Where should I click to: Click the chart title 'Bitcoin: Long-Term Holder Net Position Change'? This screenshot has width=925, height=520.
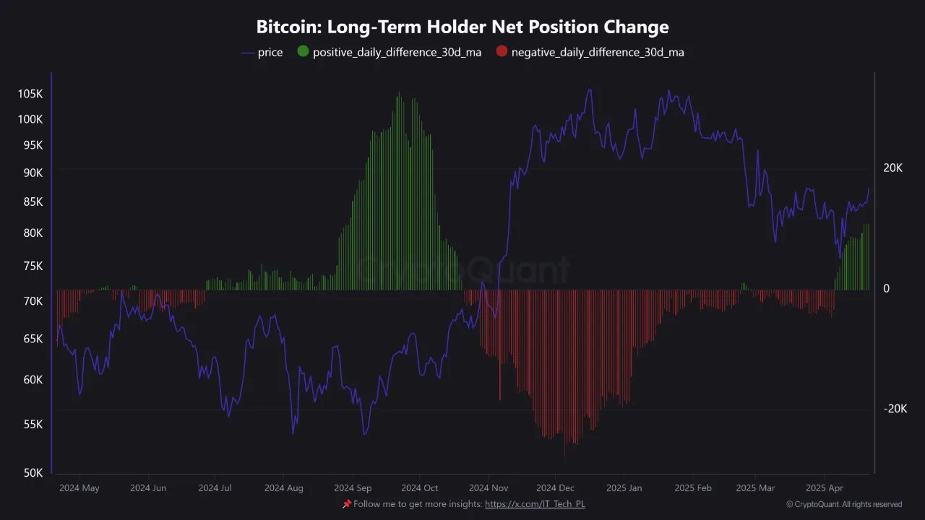[462, 27]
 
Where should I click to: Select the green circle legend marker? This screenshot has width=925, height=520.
[303, 52]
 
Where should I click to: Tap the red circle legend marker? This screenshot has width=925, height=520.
[502, 52]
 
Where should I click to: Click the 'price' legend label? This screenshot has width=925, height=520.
[270, 52]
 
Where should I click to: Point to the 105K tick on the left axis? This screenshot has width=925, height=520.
[30, 94]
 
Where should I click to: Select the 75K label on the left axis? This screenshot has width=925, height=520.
[33, 266]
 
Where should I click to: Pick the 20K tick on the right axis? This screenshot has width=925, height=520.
[893, 168]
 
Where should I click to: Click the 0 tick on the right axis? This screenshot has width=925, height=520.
[887, 289]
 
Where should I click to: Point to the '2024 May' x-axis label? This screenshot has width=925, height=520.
[79, 488]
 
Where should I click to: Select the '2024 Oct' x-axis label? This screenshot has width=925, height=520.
[420, 488]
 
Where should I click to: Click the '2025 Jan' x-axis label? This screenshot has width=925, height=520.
[623, 488]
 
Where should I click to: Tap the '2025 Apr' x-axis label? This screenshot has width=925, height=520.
[825, 488]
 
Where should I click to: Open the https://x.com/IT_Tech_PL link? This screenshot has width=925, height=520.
[535, 504]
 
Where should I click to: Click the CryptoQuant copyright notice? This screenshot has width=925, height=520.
[843, 504]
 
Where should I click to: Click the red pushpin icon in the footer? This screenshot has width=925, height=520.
[346, 504]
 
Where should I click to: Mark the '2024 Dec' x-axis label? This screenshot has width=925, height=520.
[556, 488]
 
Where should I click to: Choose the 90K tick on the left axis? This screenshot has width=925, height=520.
[33, 173]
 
